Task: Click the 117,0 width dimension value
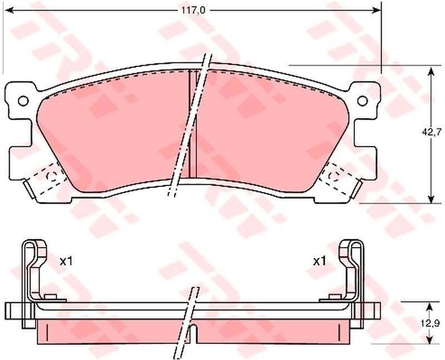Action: pos(193,11)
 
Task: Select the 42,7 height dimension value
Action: pos(431,131)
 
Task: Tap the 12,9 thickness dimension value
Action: pos(433,323)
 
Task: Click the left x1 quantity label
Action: pos(66,261)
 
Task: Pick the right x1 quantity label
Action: pos(319,261)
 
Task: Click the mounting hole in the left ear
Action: pos(23,101)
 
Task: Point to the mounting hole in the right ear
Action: pos(363,101)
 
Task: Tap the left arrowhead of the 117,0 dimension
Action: pos(9,11)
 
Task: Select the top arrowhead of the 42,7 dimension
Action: pos(431,71)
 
